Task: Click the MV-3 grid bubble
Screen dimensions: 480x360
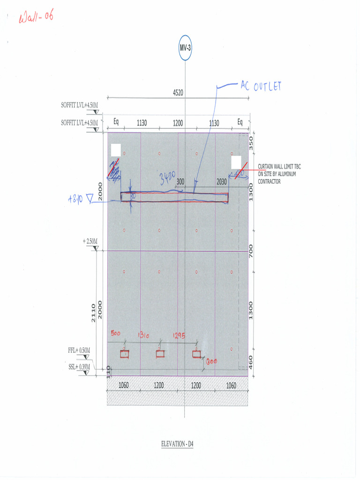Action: click(185, 47)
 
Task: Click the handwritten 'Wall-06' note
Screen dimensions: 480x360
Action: click(36, 18)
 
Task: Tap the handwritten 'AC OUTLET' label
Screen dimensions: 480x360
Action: click(261, 86)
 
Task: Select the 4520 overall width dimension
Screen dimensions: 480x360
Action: click(178, 93)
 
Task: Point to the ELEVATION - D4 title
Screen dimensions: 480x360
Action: click(177, 444)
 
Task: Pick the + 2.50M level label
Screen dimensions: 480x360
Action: click(90, 241)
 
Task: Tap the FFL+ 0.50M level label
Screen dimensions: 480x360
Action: click(79, 350)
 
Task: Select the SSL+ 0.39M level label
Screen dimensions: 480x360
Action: click(79, 366)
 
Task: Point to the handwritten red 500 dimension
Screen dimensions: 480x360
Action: click(116, 334)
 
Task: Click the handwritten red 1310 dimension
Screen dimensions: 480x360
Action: click(143, 335)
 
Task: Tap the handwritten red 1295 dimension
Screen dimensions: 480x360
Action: click(179, 335)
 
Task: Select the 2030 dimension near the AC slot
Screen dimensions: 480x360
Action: click(222, 181)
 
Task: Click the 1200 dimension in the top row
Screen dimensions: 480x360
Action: click(178, 123)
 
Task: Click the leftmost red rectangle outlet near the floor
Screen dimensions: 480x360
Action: click(124, 354)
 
